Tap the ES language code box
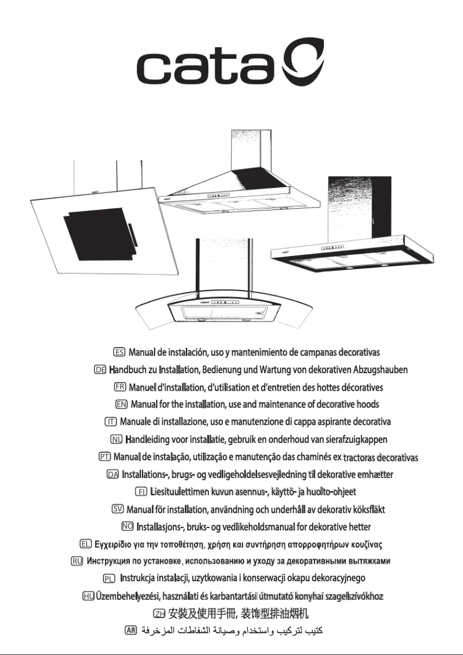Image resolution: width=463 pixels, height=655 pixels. (x=120, y=352)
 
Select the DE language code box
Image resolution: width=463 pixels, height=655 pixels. (x=99, y=369)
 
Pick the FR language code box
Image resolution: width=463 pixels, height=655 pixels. (x=121, y=386)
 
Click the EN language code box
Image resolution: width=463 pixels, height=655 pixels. (x=122, y=404)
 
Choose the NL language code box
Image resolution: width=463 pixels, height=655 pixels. (x=116, y=439)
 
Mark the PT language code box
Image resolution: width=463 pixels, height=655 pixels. (x=104, y=457)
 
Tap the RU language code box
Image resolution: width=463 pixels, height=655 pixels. (x=76, y=561)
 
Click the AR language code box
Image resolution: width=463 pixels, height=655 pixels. (x=131, y=628)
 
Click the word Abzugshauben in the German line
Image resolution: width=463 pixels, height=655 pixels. (x=380, y=370)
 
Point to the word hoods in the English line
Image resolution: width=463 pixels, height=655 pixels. (x=368, y=404)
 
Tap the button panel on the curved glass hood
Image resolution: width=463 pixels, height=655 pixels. (x=225, y=302)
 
